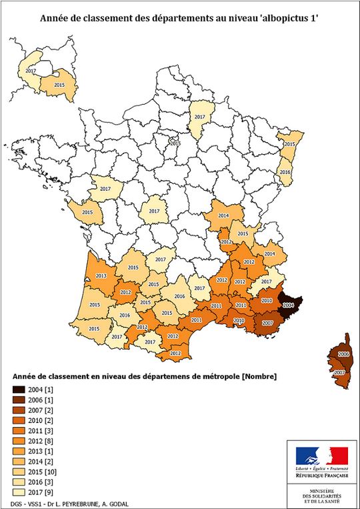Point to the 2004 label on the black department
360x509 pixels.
(288, 305)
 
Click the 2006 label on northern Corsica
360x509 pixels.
(343, 354)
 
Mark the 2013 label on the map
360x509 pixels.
(101, 276)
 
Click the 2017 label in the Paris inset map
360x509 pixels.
(31, 70)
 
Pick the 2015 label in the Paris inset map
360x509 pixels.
(59, 85)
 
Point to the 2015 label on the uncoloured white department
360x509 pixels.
(175, 143)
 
